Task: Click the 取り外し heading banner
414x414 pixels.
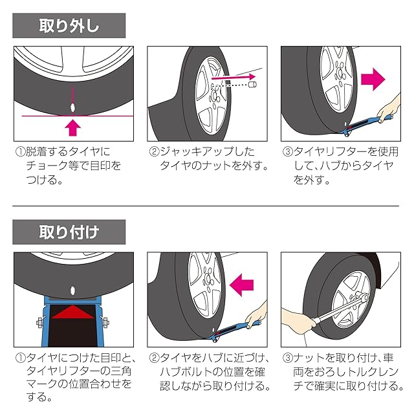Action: coord(69,26)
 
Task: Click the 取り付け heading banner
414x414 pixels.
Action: coord(69,232)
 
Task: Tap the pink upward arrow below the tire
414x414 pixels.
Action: coord(73,127)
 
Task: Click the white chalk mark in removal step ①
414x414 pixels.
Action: coord(72,107)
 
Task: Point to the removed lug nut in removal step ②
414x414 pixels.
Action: coord(252,85)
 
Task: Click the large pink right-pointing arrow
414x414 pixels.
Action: coord(373,79)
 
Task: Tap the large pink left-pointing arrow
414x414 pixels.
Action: coord(241,285)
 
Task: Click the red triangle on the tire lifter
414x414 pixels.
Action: coord(72,312)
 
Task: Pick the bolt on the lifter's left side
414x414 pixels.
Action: coord(40,323)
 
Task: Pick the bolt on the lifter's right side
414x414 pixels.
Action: coord(105,322)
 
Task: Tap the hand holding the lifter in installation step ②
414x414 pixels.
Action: coord(256,316)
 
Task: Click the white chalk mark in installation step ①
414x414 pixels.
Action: coord(72,290)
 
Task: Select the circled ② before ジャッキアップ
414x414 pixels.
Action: coord(154,151)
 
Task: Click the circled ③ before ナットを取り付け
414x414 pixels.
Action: coord(287,358)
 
